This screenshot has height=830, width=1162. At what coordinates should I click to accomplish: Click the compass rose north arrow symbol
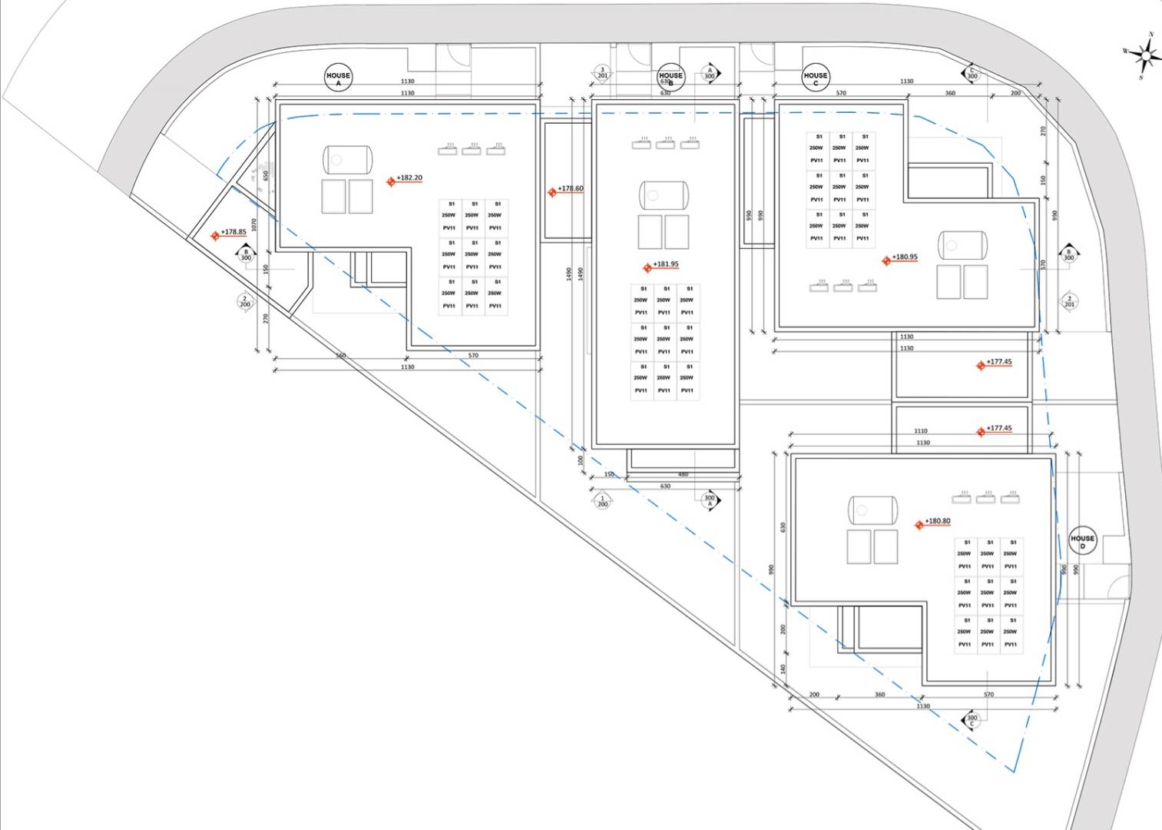point(1144,55)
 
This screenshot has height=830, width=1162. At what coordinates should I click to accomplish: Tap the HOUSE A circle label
point(338,77)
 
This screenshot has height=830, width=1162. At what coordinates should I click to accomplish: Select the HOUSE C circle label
point(816,77)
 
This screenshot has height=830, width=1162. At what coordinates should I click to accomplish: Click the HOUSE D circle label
point(1082,540)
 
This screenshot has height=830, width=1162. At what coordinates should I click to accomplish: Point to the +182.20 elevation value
point(409,178)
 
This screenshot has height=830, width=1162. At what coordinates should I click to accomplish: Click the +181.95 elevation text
point(666,264)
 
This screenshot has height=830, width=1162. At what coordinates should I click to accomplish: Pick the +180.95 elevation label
point(905,257)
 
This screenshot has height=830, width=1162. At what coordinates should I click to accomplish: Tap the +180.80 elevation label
point(938,521)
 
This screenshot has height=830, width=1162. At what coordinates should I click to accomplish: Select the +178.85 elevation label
point(233,232)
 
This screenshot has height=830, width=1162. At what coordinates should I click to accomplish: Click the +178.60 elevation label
point(571,188)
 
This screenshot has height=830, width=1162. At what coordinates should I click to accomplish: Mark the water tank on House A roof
point(347,160)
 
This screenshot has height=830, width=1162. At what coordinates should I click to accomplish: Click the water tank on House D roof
point(873,510)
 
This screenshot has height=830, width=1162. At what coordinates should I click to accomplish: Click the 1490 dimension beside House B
point(570,274)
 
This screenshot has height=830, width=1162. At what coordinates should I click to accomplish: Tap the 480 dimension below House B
point(684,474)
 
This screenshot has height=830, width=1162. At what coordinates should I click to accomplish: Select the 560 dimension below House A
point(340,355)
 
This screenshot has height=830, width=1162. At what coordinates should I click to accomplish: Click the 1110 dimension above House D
point(921,431)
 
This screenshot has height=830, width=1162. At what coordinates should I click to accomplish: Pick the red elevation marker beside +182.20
point(391,181)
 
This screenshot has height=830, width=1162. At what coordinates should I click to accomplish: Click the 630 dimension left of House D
point(783,527)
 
